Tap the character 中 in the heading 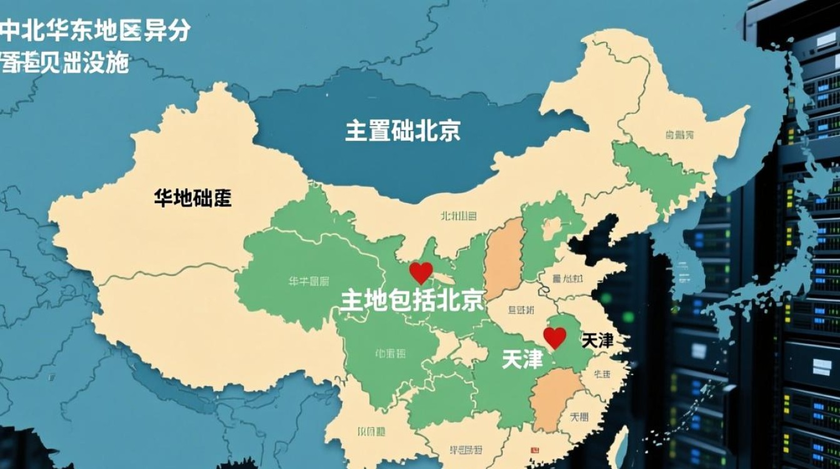point(11,30)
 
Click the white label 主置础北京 point(403,131)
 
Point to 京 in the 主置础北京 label point(448,131)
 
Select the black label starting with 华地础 point(192,199)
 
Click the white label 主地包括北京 point(412,301)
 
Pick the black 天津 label point(597,341)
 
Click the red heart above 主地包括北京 point(421,272)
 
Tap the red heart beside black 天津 point(554,338)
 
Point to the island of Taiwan point(619,447)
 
